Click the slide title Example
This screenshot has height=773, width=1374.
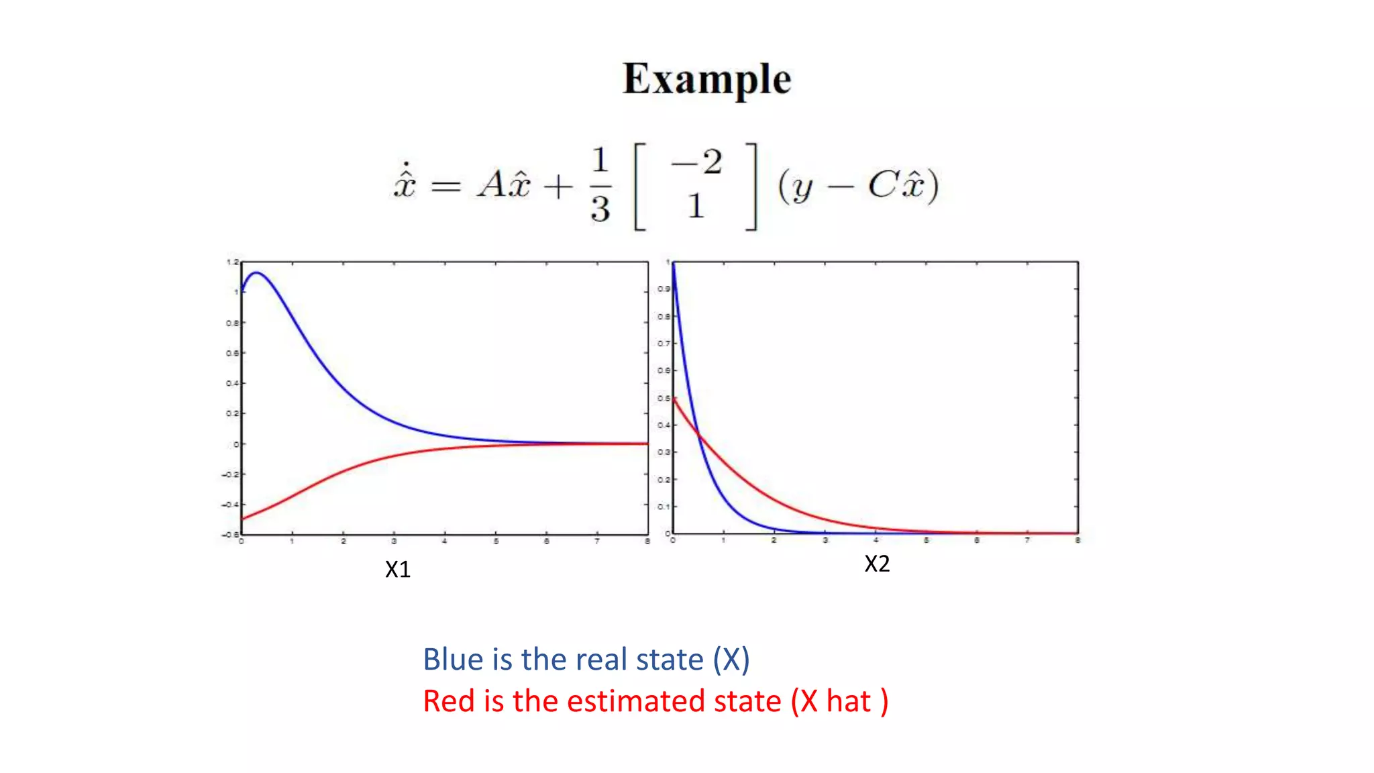tap(706, 80)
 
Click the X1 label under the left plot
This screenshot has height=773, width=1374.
tap(397, 570)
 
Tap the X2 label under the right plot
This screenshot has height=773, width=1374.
tap(877, 564)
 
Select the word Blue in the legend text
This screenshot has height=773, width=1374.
tap(453, 660)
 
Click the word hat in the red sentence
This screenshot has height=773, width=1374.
tap(848, 701)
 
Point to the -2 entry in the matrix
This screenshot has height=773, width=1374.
tap(698, 163)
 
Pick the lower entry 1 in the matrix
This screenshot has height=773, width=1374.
tap(696, 205)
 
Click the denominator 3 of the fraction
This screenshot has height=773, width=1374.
tap(600, 209)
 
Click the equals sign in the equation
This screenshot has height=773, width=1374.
tap(445, 186)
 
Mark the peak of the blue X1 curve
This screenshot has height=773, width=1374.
tap(256, 272)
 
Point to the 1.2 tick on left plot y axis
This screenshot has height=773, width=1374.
tap(232, 262)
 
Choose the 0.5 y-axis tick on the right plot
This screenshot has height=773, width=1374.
tap(663, 398)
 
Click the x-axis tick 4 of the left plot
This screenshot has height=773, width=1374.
tap(444, 541)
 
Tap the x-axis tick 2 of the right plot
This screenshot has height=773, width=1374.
tap(774, 540)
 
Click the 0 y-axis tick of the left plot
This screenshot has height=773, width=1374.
tap(235, 444)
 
